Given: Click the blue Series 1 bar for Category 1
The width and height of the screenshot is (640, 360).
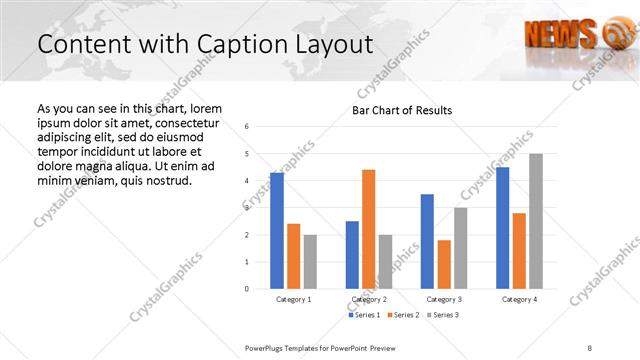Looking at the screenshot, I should click(x=277, y=231).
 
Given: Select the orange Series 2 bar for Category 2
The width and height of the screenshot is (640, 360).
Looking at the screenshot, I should click(x=369, y=229).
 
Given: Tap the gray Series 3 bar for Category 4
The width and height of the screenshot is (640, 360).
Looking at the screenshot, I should click(x=536, y=221).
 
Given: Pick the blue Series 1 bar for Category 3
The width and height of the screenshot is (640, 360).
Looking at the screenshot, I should click(x=427, y=241).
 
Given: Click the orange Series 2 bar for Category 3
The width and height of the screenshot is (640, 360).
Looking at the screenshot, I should click(x=444, y=264).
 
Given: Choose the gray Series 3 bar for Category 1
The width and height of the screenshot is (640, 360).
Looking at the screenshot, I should click(x=310, y=261).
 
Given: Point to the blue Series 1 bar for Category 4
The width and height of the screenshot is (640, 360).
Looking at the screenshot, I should click(x=502, y=228).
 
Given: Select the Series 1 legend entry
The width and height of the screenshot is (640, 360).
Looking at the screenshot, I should click(x=364, y=315).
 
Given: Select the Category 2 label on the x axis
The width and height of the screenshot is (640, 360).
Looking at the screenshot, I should click(x=368, y=299).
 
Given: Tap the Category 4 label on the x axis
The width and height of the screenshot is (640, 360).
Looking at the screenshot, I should click(x=519, y=299).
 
